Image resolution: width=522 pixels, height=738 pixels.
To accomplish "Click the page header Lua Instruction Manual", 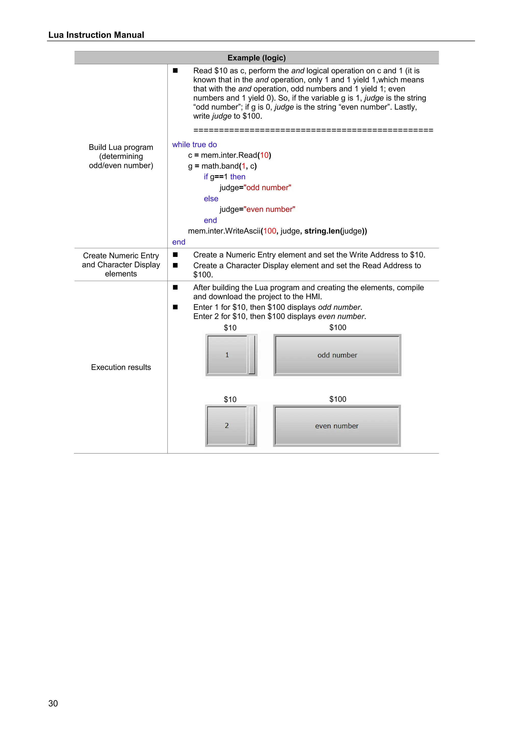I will click(96, 35).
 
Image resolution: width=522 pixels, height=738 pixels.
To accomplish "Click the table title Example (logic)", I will click(256, 58).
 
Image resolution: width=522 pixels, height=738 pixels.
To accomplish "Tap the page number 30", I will click(53, 703).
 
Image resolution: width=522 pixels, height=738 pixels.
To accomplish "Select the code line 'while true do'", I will click(194, 145).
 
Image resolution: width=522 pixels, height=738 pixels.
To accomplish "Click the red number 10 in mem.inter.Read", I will click(264, 155).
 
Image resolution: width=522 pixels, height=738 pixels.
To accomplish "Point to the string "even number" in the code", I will click(269, 209).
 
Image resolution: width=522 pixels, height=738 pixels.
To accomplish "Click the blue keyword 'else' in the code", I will click(211, 199).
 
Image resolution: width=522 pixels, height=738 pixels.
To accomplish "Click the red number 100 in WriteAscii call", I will click(270, 231).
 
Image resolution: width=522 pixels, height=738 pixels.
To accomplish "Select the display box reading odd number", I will click(337, 355).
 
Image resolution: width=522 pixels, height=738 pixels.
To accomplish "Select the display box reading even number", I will click(336, 426).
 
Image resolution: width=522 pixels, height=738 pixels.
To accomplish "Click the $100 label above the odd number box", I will click(337, 327).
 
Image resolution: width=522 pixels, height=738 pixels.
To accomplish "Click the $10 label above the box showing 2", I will click(230, 399).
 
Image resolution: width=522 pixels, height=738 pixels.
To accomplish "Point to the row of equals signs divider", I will click(313, 130).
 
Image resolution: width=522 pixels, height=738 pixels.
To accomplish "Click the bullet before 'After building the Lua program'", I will click(175, 287).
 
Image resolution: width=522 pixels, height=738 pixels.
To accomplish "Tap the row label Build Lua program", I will click(121, 147).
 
